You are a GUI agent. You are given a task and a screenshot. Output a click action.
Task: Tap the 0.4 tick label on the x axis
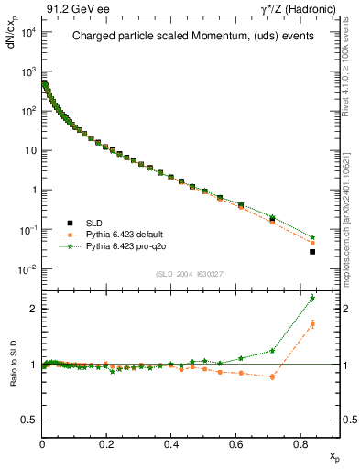(171, 444)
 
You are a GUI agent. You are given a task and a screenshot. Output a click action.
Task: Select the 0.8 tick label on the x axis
(300, 444)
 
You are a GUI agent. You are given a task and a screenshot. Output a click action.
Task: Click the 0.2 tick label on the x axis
(107, 444)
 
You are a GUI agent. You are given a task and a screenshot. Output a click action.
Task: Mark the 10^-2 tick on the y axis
(27, 269)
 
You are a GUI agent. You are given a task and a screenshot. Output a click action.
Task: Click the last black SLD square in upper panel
(312, 252)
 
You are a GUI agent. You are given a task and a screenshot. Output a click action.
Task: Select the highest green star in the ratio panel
(312, 298)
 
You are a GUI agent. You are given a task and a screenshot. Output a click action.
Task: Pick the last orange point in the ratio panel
(312, 323)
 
